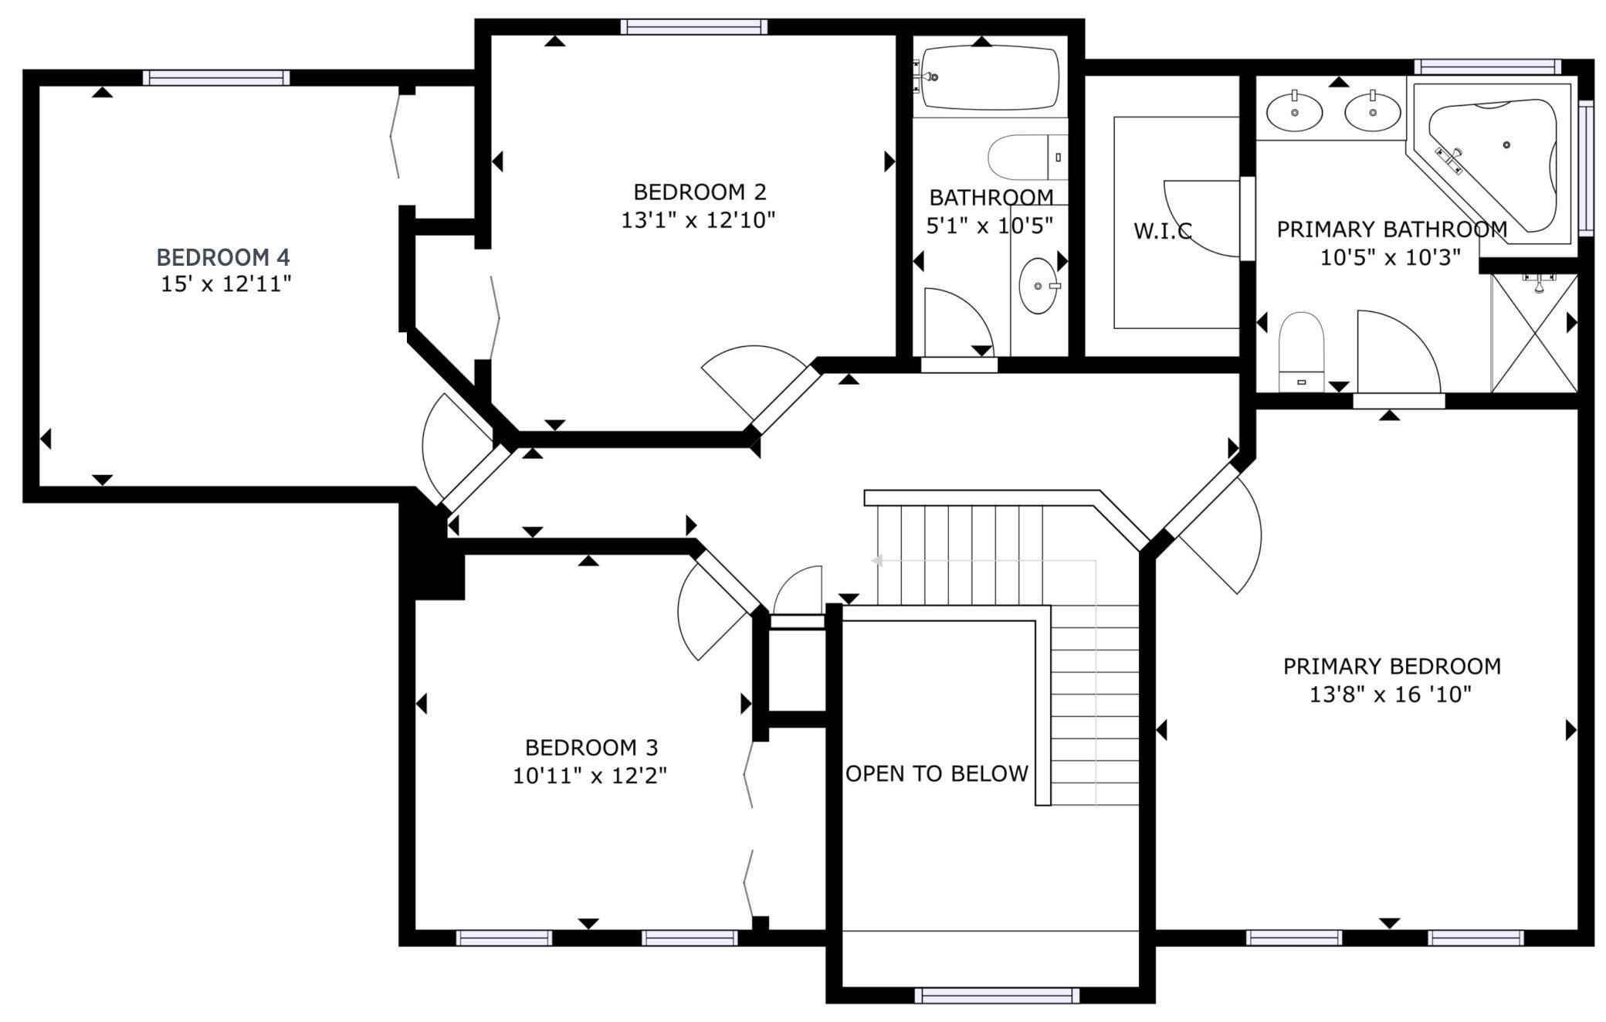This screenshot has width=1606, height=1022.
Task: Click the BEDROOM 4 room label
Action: [223, 257]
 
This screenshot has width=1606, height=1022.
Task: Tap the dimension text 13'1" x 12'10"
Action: [698, 221]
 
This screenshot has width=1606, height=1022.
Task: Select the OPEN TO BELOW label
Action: [937, 774]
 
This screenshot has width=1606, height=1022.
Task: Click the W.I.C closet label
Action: [1162, 231]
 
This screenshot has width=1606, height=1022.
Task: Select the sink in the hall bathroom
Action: [1038, 286]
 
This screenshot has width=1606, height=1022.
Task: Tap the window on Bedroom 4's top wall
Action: [216, 77]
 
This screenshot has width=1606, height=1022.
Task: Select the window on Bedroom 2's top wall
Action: [694, 27]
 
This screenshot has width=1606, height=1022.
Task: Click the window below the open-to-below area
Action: [997, 995]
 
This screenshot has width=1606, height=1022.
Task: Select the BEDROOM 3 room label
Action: [591, 748]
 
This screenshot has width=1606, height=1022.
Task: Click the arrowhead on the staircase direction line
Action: [877, 561]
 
